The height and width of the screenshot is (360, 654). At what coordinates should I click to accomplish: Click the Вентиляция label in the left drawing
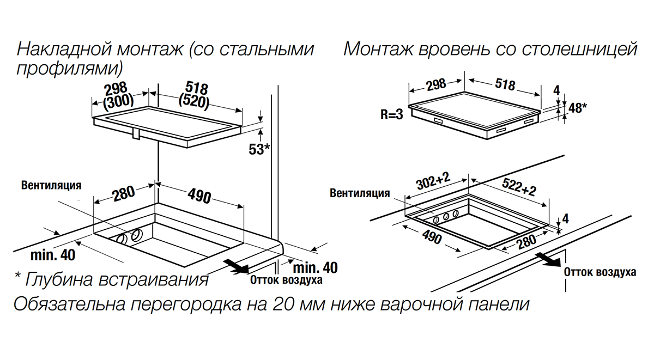(51, 185)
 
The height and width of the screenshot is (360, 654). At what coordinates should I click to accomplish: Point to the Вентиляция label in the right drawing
(360, 193)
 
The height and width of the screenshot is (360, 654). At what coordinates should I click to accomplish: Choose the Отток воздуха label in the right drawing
(600, 272)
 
